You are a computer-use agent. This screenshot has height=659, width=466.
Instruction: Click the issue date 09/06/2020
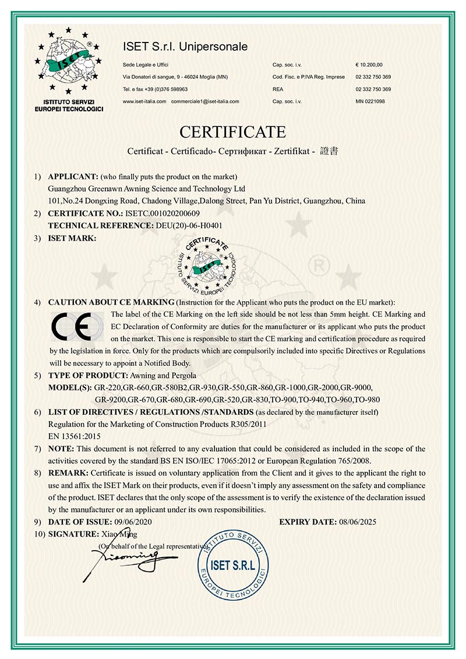tap(133, 521)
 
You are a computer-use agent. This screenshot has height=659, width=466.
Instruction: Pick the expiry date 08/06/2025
tap(357, 521)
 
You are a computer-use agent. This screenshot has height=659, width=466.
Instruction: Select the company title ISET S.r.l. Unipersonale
tap(185, 46)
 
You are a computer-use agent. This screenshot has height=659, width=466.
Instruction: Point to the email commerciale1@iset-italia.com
tap(205, 101)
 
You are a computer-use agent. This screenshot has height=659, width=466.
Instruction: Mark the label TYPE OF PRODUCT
tap(79, 376)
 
